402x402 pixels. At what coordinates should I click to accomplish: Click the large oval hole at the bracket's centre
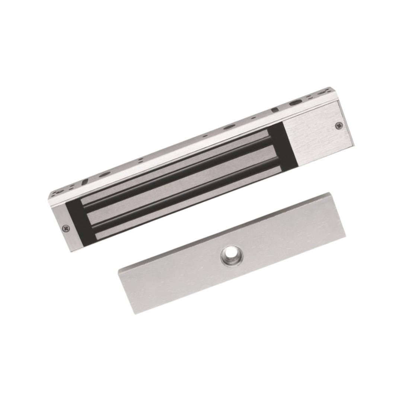coord(227,127)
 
